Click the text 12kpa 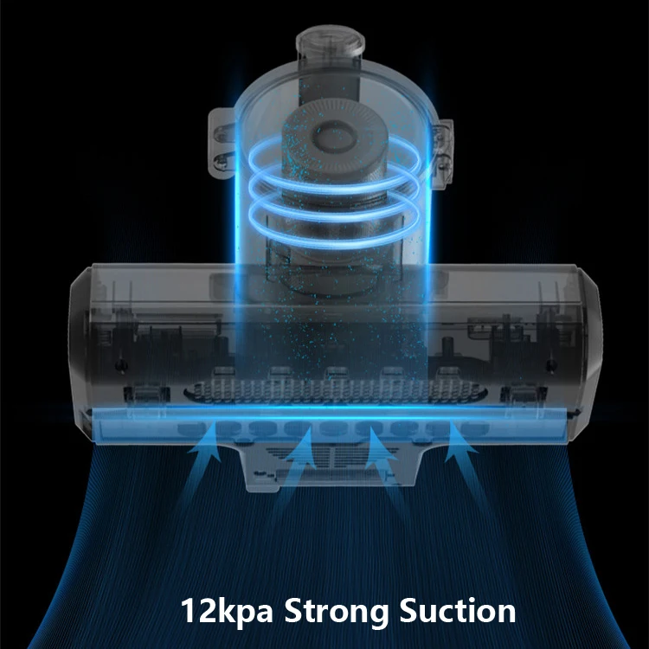tap(227, 611)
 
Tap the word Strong tap(336, 612)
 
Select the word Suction tap(458, 610)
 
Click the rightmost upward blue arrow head tap(460, 439)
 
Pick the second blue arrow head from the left tap(301, 447)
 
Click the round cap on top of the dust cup tap(331, 44)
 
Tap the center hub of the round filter tap(334, 137)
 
